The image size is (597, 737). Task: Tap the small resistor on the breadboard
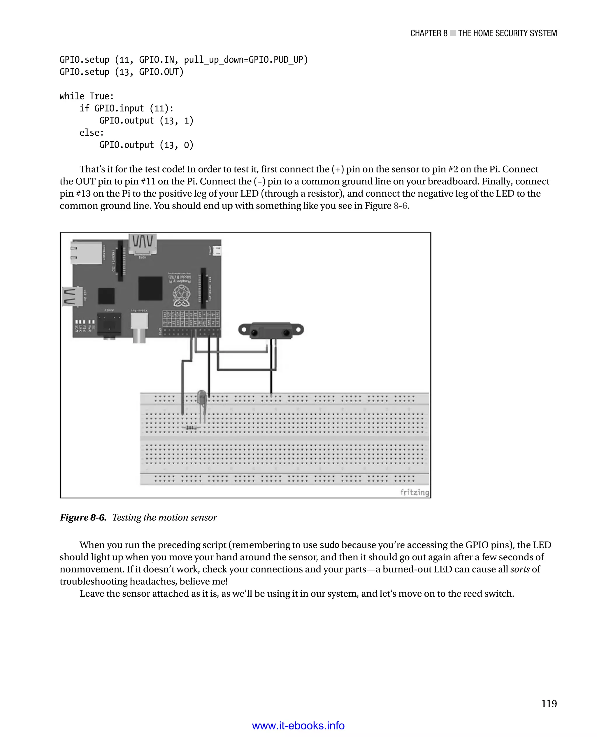[191, 427]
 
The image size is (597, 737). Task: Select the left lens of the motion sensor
[254, 333]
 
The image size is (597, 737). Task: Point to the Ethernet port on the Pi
[86, 252]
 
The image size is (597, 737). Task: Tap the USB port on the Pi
[72, 296]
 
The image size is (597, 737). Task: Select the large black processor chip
[150, 288]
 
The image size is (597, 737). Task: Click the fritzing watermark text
[415, 492]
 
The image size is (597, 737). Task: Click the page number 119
[549, 704]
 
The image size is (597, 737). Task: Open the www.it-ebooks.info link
[298, 726]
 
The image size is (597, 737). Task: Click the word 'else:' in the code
[92, 133]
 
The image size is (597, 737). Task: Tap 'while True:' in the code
[87, 96]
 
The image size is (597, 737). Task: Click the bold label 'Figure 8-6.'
[83, 517]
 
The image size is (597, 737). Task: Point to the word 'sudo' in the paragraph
[329, 545]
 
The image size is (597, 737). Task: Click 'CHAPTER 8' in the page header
[429, 33]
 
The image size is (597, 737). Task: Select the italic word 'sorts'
[520, 569]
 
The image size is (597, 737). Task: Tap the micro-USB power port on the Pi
[217, 250]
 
